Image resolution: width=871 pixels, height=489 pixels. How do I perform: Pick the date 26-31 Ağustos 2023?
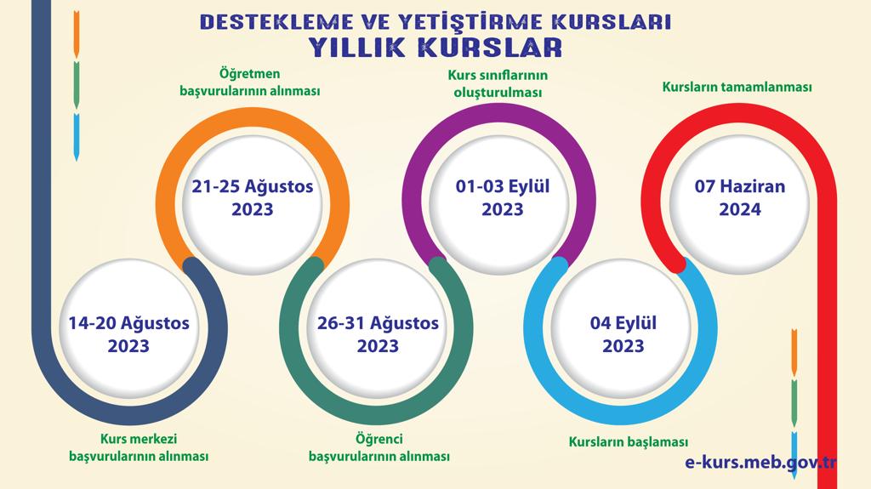point(378,334)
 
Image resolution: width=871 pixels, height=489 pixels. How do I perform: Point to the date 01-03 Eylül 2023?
point(503,196)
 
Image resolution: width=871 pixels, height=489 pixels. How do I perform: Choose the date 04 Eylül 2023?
point(623,334)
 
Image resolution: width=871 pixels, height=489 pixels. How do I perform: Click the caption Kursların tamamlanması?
point(737,88)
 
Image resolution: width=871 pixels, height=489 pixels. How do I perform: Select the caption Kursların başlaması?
point(628,441)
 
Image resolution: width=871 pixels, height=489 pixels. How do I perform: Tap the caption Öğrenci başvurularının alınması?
point(379,448)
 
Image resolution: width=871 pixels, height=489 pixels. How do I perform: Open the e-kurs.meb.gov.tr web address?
point(760,460)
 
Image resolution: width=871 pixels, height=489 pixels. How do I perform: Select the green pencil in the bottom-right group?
point(794,401)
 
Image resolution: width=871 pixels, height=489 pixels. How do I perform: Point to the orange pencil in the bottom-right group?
point(794,350)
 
